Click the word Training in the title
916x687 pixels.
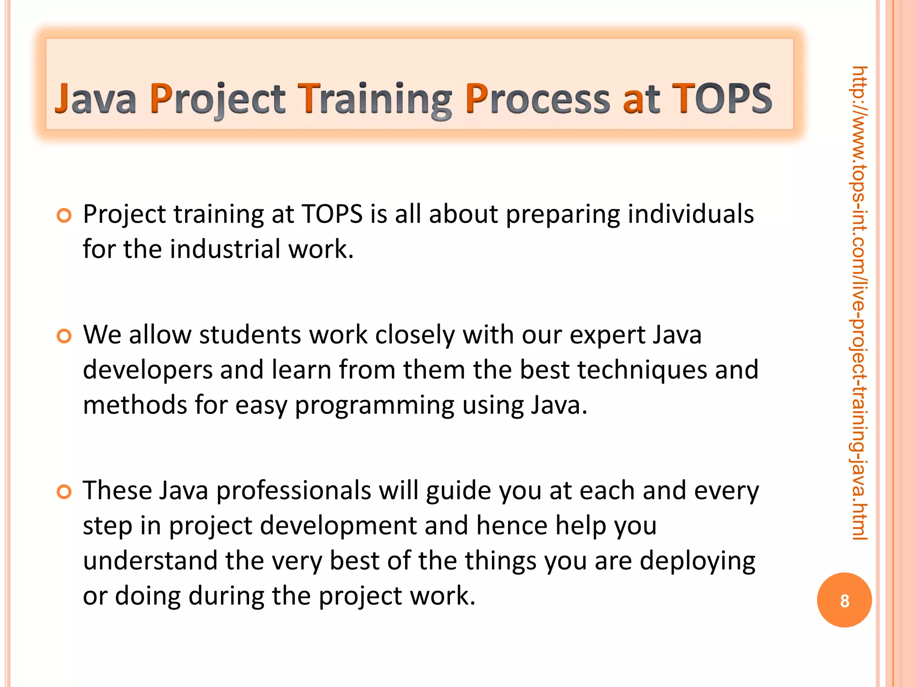click(375, 99)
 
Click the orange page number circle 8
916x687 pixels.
click(844, 600)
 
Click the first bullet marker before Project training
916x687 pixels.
click(64, 216)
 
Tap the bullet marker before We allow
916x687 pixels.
click(64, 336)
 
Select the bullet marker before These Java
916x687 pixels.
click(64, 492)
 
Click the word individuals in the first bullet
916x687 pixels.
click(691, 214)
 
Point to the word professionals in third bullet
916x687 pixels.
click(293, 491)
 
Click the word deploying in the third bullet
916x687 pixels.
click(697, 561)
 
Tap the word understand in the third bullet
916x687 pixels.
click(150, 560)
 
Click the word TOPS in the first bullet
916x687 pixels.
click(332, 214)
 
